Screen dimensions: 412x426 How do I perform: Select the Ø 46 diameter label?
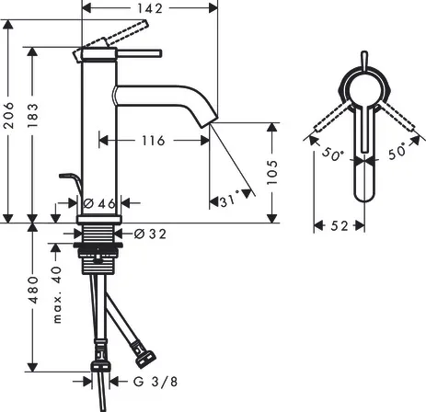(x=98, y=202)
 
